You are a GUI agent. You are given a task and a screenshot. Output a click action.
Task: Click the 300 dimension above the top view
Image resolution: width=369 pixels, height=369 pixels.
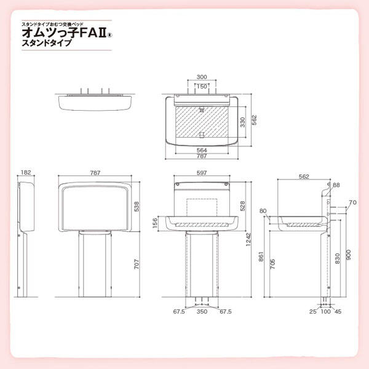[x=202, y=77]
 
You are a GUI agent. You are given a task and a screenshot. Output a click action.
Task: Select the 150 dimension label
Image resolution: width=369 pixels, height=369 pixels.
[x=202, y=86]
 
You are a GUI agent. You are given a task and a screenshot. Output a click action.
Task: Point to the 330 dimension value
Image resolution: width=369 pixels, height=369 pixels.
[x=242, y=122]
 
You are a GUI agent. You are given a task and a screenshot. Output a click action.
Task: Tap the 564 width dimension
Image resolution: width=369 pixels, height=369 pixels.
[x=202, y=150]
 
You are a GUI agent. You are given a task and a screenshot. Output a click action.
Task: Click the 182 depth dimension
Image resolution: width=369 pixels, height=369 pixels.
[x=26, y=172]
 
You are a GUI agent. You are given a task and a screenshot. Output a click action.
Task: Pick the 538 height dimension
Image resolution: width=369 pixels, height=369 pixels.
[x=137, y=207]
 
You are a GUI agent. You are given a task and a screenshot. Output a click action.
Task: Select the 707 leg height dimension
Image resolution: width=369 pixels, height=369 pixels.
[x=137, y=264]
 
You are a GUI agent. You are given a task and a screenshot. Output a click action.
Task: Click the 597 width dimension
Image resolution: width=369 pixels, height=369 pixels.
[x=202, y=173]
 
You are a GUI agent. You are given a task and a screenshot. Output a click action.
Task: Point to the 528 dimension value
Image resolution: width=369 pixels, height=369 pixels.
[x=242, y=206]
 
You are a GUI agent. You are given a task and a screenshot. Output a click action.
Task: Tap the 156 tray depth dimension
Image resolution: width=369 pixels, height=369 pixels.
[x=155, y=223]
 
